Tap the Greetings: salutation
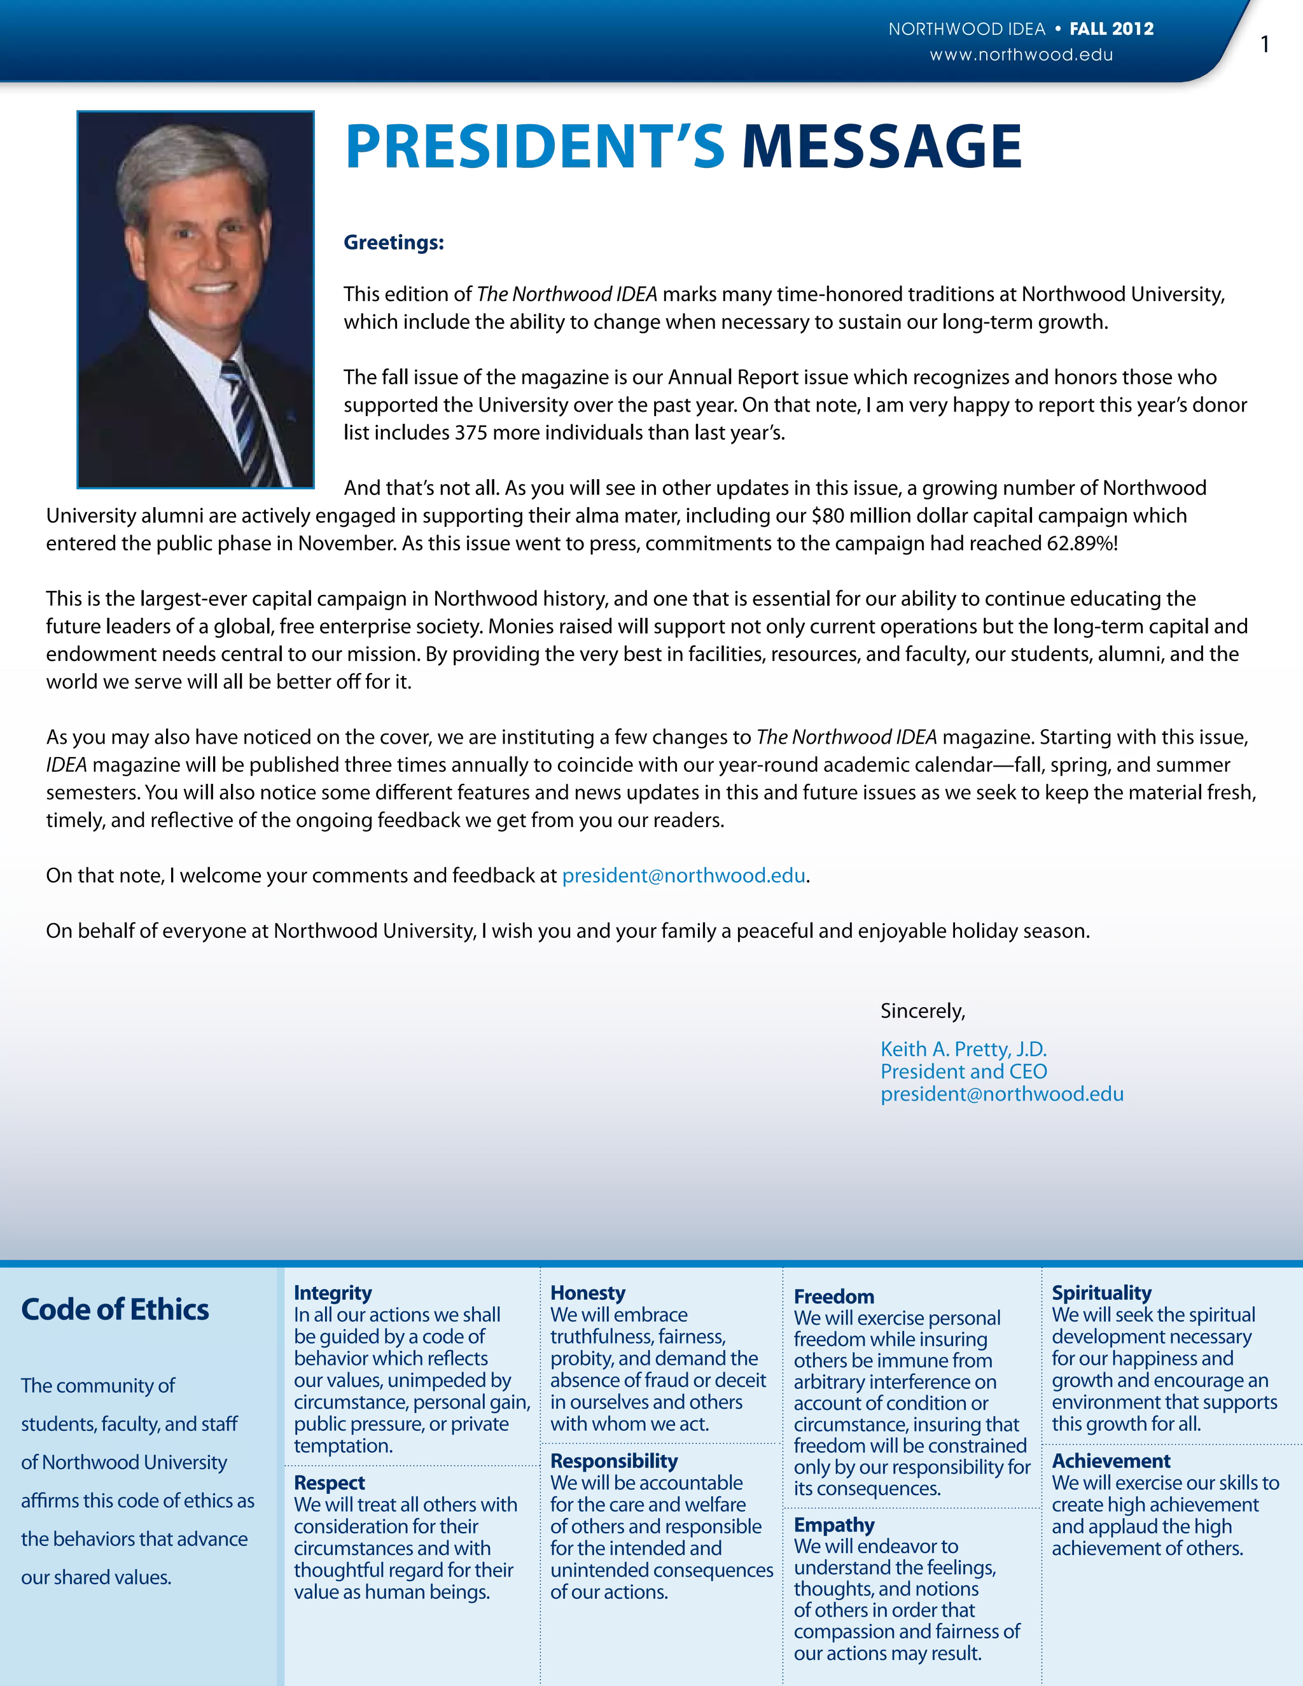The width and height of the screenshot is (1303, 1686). [x=394, y=242]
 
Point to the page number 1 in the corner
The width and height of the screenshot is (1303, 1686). [x=1264, y=46]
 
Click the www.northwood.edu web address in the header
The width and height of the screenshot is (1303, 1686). [x=1021, y=55]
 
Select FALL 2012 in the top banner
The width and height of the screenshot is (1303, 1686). [x=1111, y=29]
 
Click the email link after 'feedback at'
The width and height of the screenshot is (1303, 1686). [x=683, y=875]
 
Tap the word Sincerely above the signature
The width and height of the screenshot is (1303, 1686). [x=923, y=1012]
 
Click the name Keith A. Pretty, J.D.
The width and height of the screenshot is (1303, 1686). [x=963, y=1049]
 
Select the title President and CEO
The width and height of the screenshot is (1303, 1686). [x=963, y=1071]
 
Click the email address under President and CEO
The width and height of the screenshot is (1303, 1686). [x=1001, y=1094]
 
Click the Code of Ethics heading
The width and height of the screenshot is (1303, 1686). [x=115, y=1310]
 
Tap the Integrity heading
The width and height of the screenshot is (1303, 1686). [x=333, y=1293]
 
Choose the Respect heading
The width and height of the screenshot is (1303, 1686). [x=330, y=1483]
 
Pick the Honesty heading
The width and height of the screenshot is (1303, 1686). [x=587, y=1293]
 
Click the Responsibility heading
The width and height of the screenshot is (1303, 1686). [x=614, y=1461]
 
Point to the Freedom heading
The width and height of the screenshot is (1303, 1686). [x=833, y=1297]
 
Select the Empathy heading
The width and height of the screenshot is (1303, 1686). [x=833, y=1526]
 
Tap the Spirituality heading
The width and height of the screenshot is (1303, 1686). [x=1101, y=1293]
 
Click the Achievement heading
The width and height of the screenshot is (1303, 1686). [x=1111, y=1461]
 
